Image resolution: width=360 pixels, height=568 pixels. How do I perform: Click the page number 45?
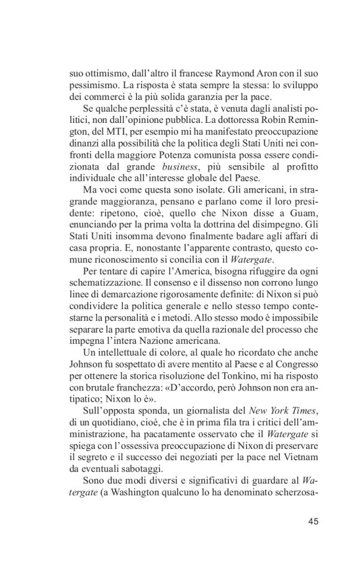coord(312,521)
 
